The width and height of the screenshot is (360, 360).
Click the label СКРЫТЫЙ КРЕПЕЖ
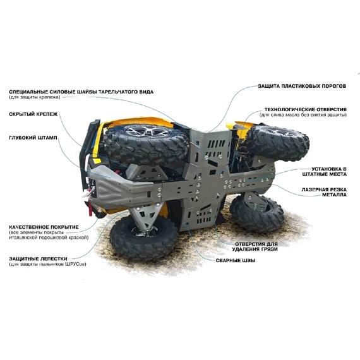point(33,114)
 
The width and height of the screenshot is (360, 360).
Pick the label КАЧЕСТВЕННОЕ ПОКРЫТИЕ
point(44,226)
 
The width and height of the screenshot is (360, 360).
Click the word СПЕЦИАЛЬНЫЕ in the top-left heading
point(31,92)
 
